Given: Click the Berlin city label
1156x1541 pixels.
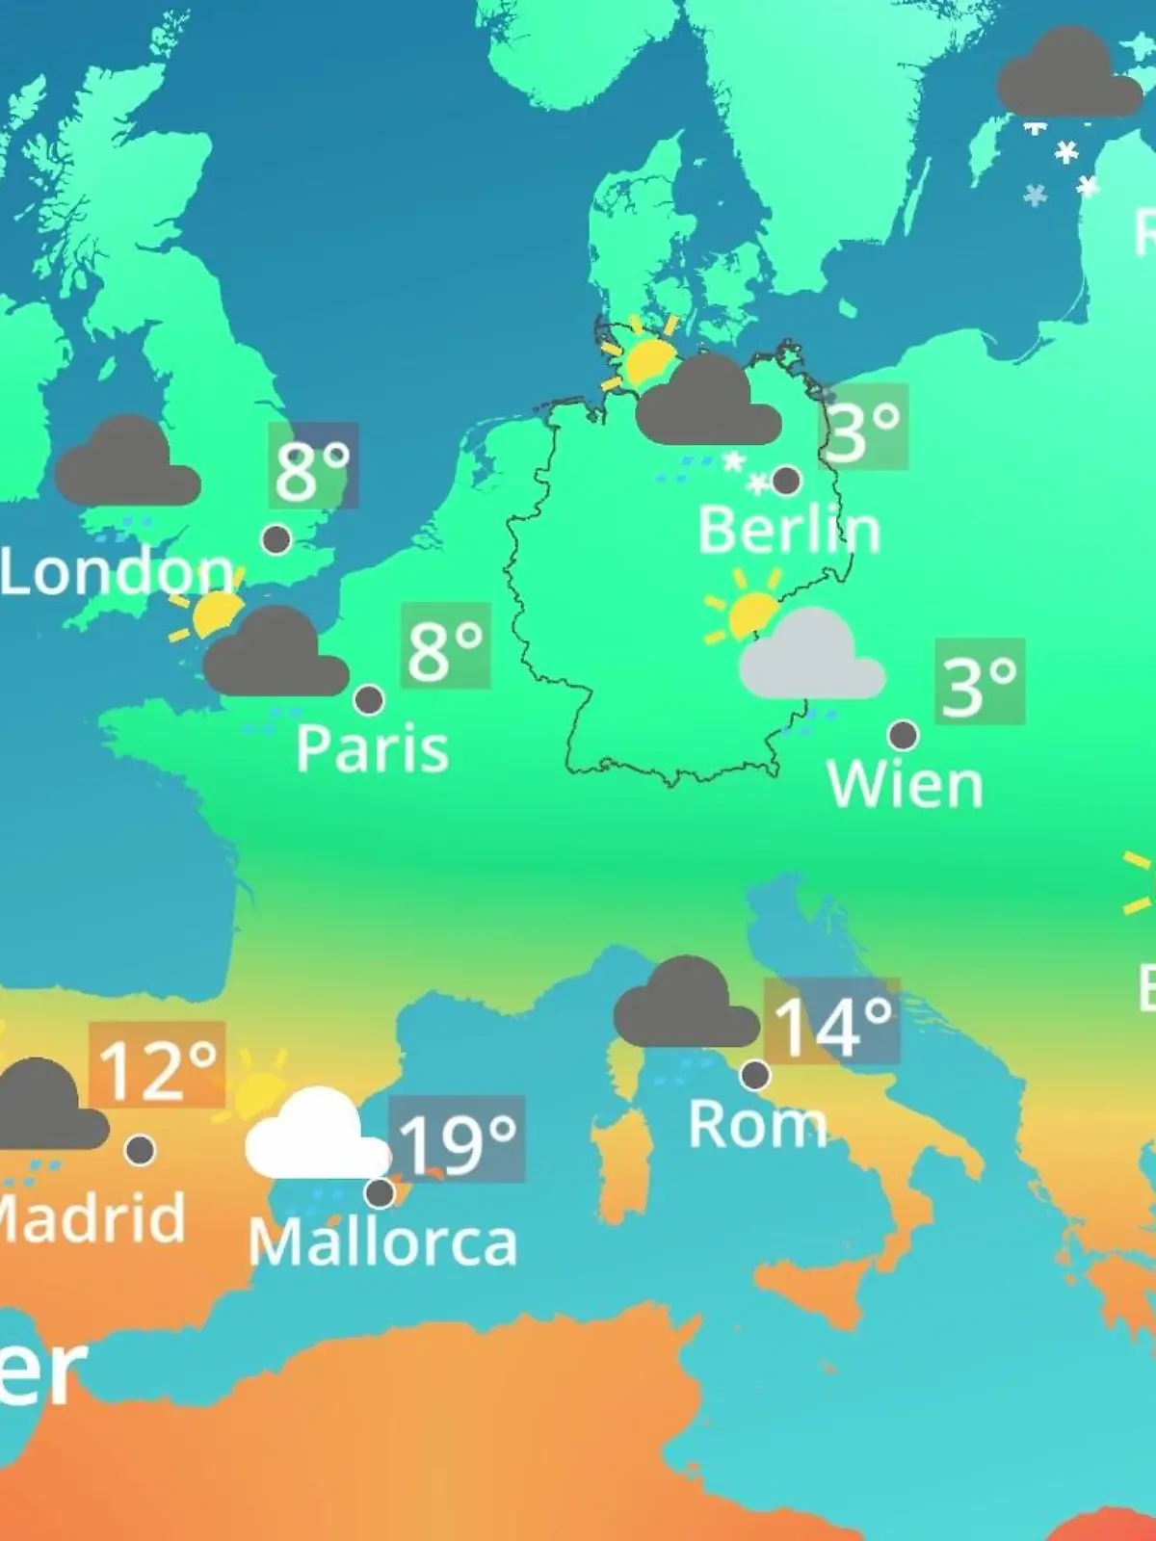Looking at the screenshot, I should [789, 530].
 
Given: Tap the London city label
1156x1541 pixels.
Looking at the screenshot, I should [116, 572].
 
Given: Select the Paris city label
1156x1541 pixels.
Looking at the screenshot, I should [372, 748].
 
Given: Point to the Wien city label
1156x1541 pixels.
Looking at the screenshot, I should [905, 785].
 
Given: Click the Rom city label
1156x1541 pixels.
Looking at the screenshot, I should [757, 1124].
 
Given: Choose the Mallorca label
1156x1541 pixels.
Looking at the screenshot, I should [382, 1242].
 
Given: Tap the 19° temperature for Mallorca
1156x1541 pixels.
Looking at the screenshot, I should [457, 1141].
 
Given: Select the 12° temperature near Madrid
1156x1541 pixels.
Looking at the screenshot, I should [157, 1068].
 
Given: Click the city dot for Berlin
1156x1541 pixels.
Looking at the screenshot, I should [786, 480].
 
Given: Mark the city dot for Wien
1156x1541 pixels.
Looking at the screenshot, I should [903, 736].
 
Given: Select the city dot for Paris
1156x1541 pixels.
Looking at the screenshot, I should [369, 700].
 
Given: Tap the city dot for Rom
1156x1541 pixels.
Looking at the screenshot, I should [755, 1074].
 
